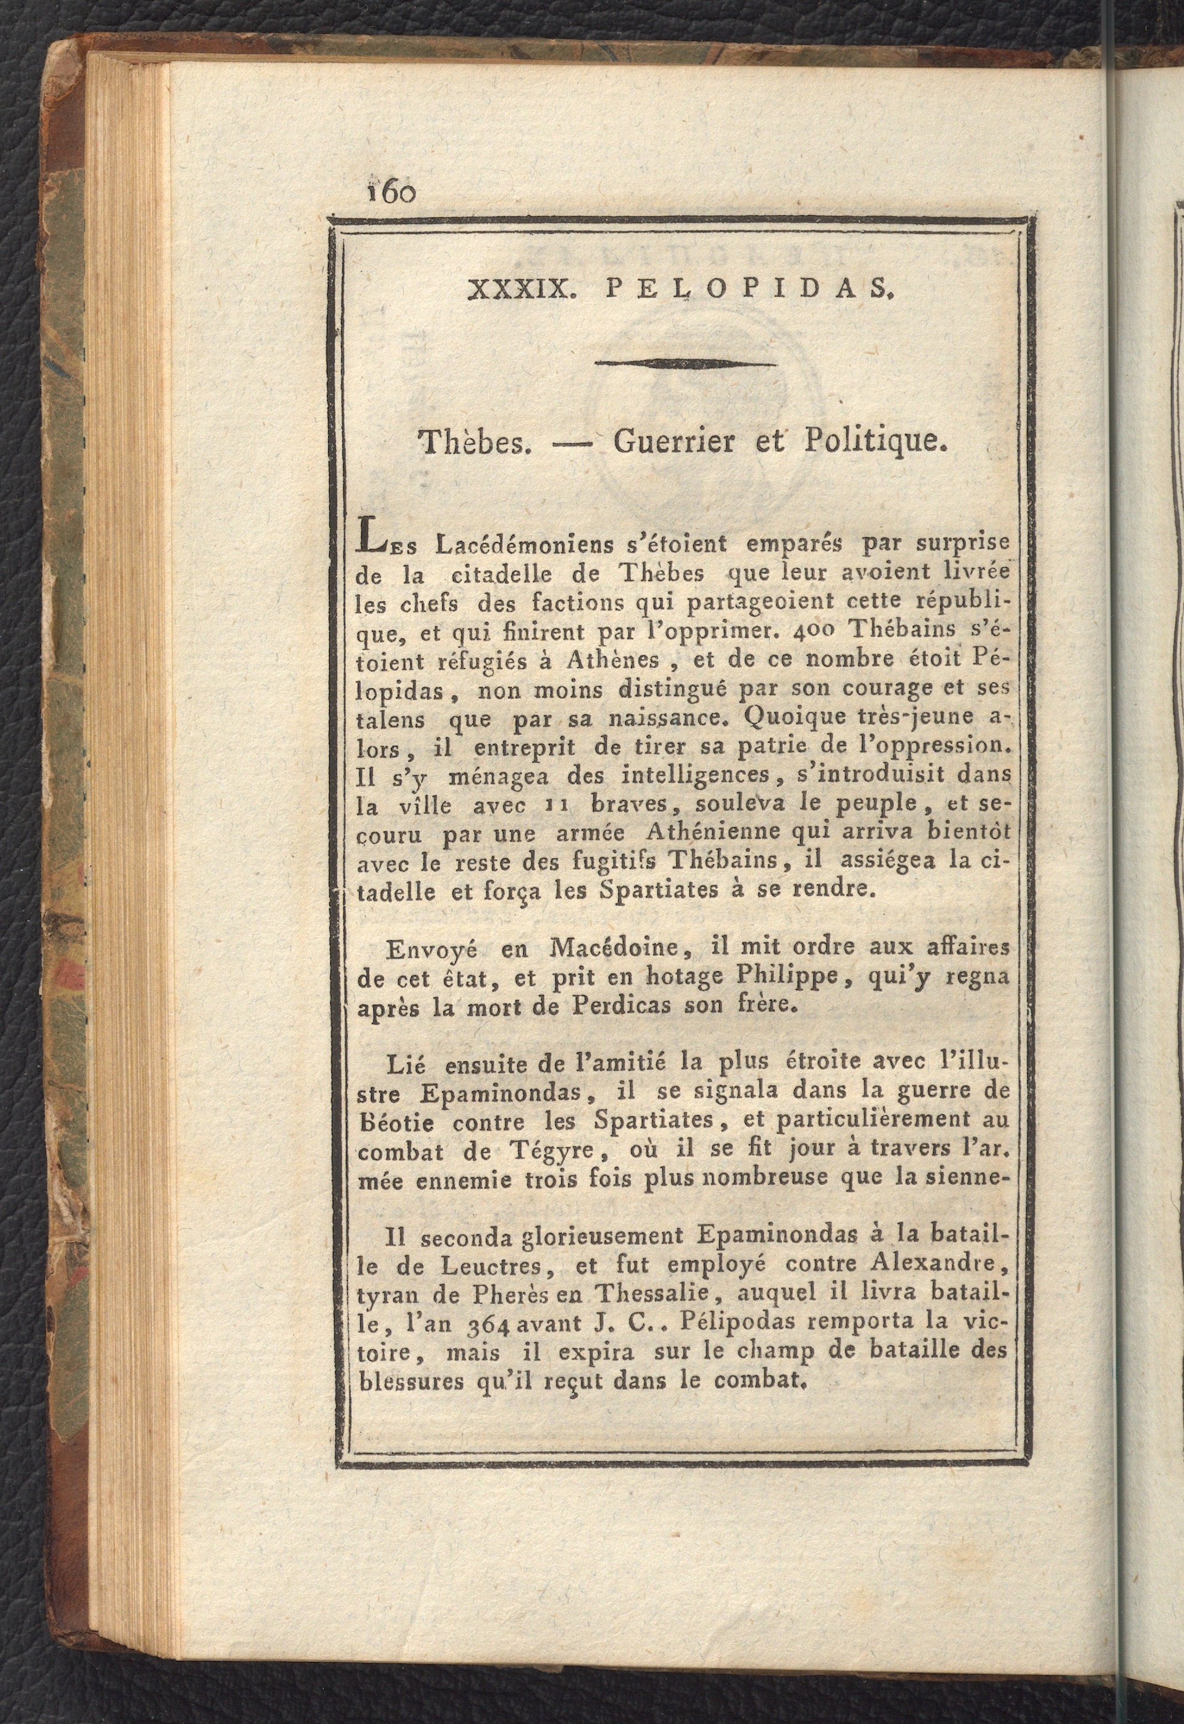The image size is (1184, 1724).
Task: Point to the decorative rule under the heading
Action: tap(687, 363)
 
